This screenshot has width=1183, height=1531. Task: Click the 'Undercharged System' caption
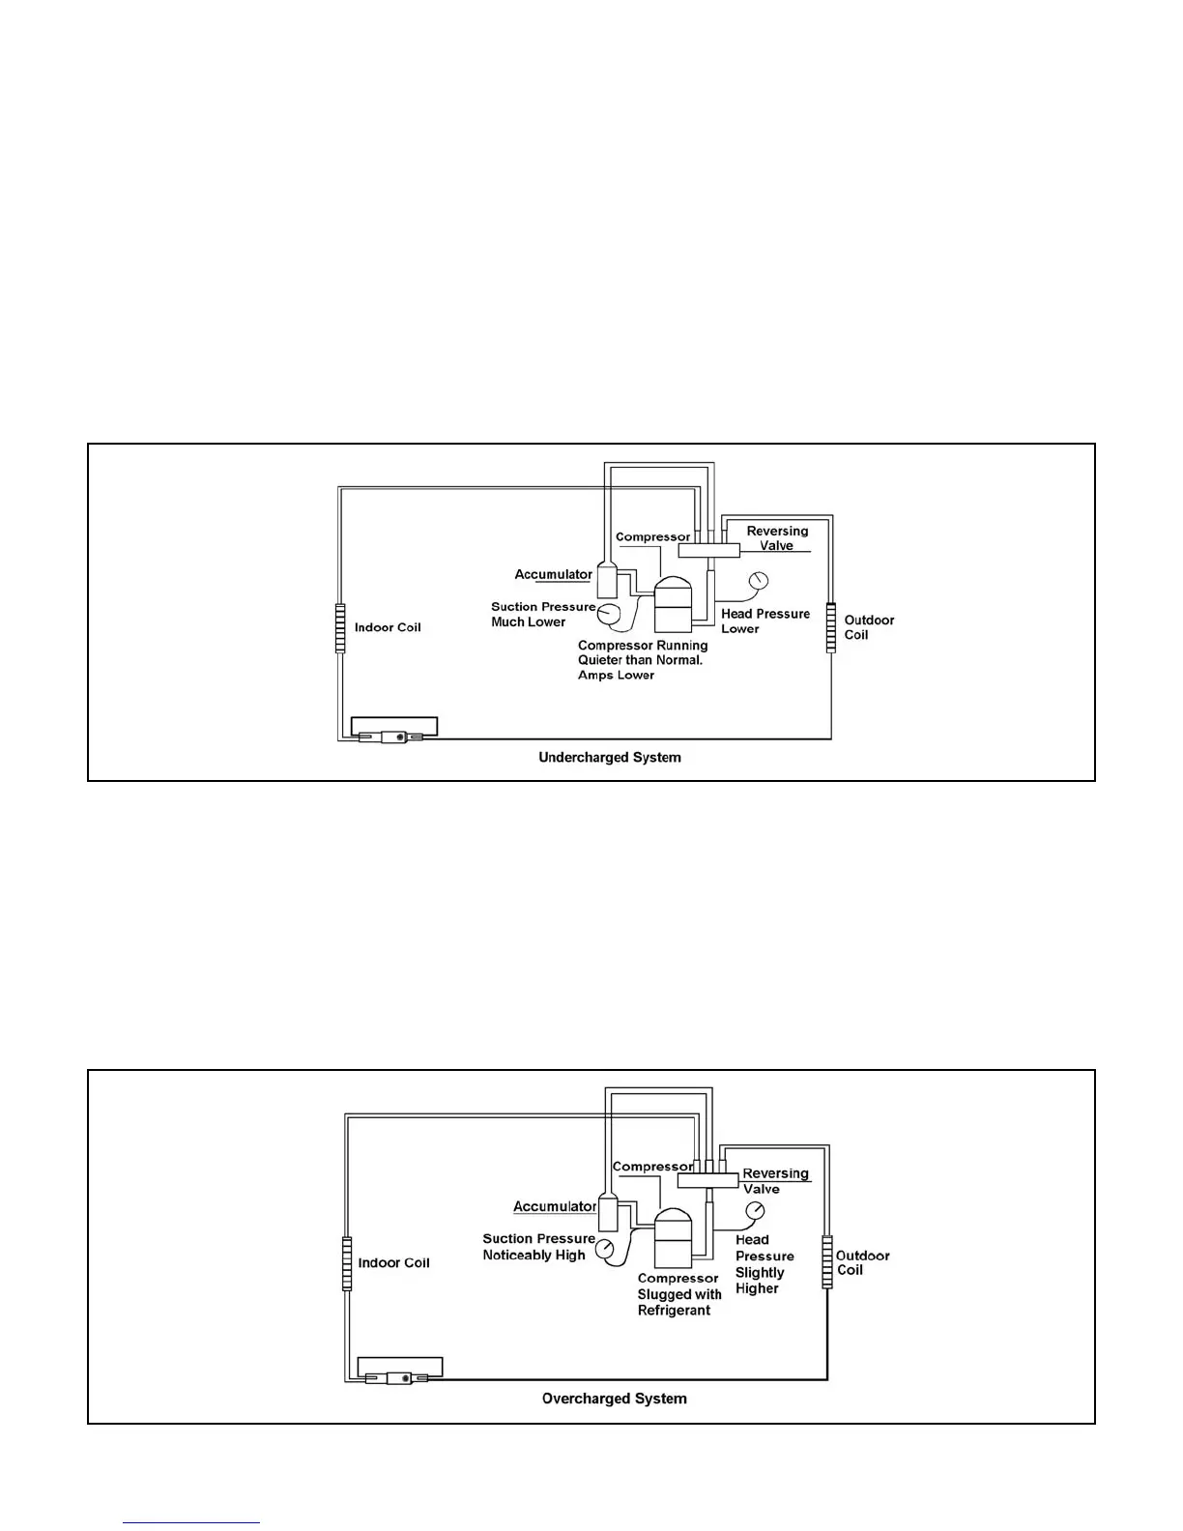[x=609, y=758]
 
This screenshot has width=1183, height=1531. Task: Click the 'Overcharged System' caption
[x=614, y=1399]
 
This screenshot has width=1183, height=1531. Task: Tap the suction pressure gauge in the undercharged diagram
[x=609, y=613]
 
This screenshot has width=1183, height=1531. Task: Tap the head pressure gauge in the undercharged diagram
[x=758, y=581]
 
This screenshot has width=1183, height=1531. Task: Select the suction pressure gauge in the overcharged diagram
[x=605, y=1248]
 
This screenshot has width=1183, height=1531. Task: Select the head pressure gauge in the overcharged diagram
[x=755, y=1211]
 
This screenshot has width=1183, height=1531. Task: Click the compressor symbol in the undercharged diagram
[x=673, y=606]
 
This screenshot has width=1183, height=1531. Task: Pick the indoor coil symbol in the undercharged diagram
[x=340, y=627]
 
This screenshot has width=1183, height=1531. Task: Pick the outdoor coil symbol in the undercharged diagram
[x=830, y=627]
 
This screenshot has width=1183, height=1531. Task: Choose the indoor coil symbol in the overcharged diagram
[x=347, y=1262]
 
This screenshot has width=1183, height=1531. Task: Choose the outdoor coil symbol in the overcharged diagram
[x=827, y=1261]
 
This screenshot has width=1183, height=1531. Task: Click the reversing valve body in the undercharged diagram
[x=708, y=550]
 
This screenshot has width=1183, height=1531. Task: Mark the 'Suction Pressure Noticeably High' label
[x=537, y=1247]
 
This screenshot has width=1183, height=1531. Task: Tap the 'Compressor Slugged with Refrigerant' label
[x=678, y=1294]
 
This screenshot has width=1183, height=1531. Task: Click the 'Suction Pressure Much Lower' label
[x=542, y=614]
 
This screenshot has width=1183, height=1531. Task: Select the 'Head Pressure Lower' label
[x=765, y=621]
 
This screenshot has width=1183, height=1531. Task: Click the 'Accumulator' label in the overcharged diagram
[x=554, y=1206]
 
